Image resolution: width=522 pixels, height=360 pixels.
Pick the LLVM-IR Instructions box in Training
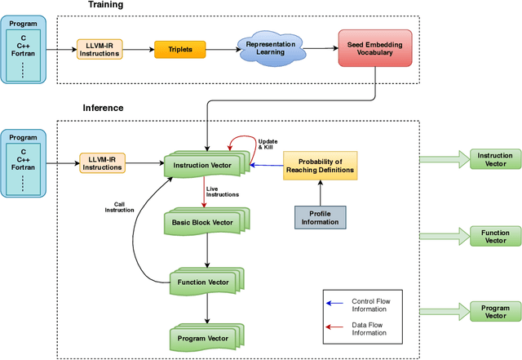pos(100,50)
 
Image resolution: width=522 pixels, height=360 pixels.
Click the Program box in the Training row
pos(23,49)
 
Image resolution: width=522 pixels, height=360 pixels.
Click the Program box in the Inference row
pos(23,162)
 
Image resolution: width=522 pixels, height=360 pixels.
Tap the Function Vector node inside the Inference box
pos(205,282)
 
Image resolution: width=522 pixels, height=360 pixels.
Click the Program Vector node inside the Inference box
pos(205,337)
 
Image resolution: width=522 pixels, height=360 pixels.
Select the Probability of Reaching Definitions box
pos(319,165)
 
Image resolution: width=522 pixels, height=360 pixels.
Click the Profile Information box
pos(319,217)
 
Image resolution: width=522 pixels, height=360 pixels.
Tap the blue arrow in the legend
pos(333,301)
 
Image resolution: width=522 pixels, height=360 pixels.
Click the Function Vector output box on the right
pos(494,236)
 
